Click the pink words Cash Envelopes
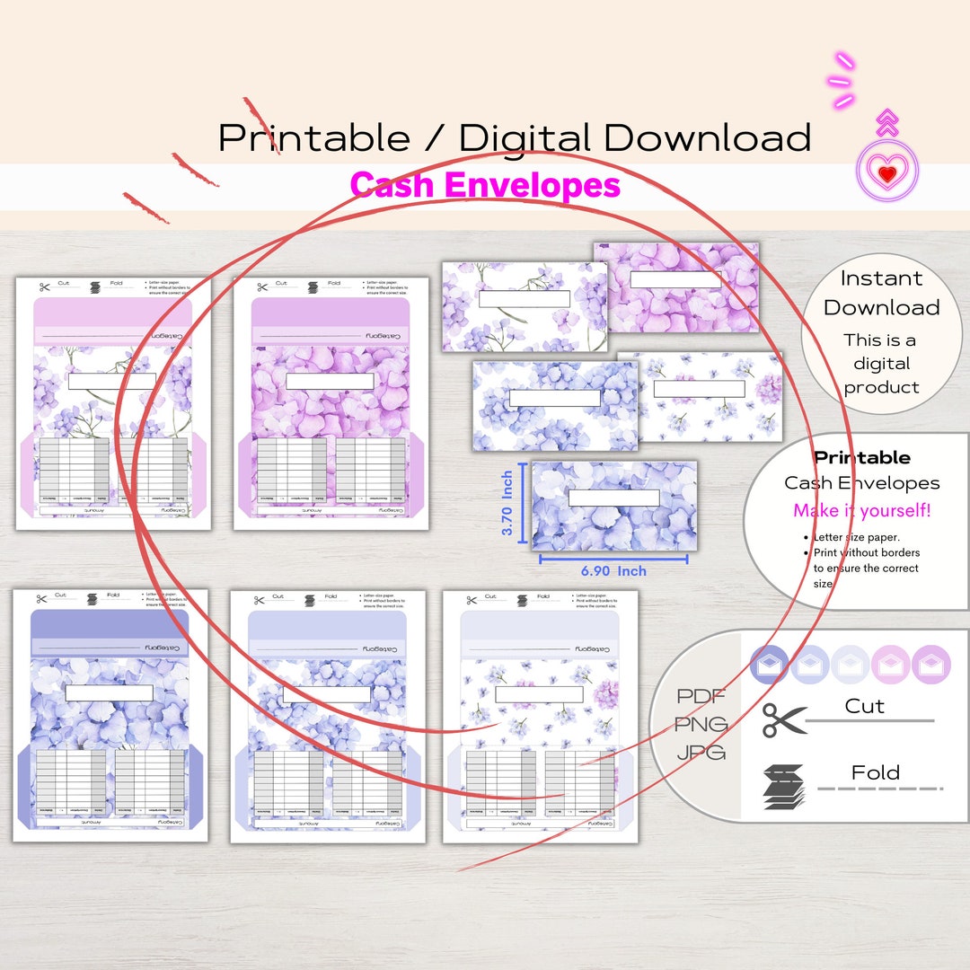(x=485, y=185)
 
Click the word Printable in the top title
(x=313, y=137)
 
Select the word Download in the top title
(x=707, y=137)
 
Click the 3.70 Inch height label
(x=507, y=504)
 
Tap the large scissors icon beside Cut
(x=784, y=719)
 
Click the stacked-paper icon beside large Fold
(x=784, y=786)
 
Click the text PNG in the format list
(x=702, y=724)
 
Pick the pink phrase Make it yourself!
(x=861, y=511)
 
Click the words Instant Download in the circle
(x=881, y=293)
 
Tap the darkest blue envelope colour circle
(x=769, y=665)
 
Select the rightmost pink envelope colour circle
(x=930, y=665)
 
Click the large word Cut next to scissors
(x=864, y=706)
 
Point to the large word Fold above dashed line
(x=875, y=772)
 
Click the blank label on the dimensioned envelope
(x=613, y=498)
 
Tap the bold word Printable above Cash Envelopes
(x=861, y=457)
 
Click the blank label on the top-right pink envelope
(x=675, y=279)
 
